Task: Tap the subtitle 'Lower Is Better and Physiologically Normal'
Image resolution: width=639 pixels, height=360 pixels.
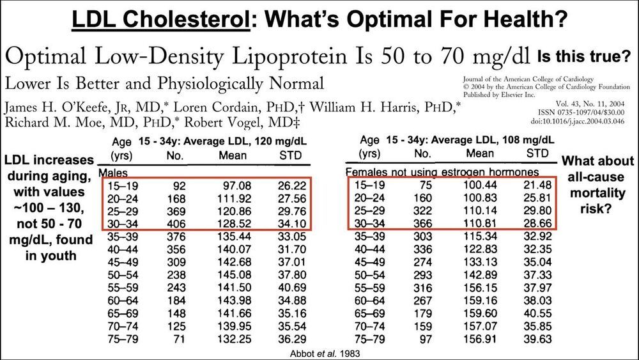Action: coord(164,83)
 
